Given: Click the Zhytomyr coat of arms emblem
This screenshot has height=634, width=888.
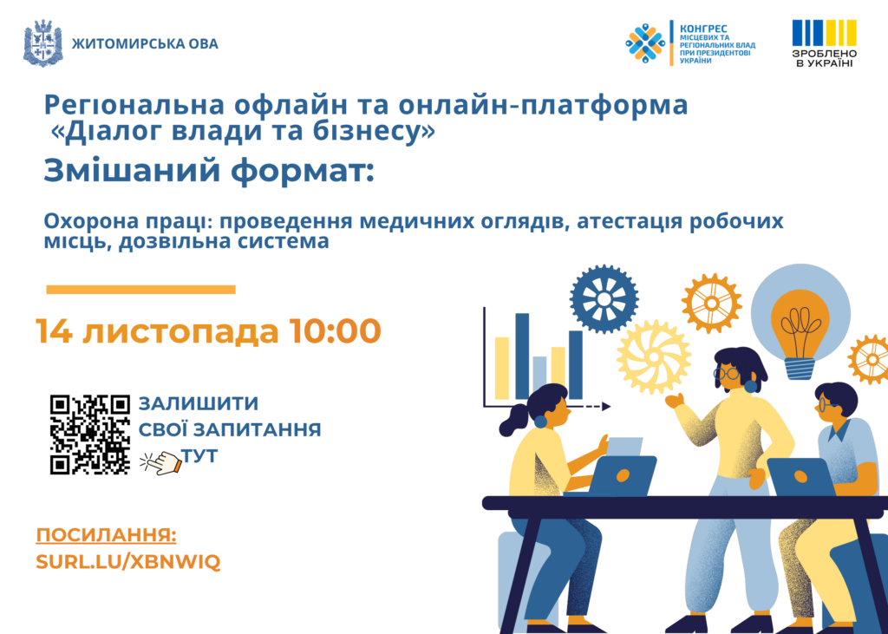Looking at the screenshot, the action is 43,43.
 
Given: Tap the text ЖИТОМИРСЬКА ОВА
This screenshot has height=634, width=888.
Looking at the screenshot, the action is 145,44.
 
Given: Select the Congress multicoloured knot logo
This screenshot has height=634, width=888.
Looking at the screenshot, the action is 645,43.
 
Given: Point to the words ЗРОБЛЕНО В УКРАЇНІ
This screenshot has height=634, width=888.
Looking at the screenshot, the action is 824,58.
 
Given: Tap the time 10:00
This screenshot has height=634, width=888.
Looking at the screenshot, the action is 335,331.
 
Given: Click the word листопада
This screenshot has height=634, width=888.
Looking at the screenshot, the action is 180,332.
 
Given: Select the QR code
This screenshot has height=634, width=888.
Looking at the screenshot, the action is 90,435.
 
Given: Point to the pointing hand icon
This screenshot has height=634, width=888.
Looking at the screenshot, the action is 160,461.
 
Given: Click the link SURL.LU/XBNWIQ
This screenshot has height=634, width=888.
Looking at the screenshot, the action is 128,562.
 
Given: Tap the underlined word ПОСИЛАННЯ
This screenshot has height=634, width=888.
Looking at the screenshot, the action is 106,535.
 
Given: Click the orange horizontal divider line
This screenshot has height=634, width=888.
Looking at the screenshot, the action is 140,290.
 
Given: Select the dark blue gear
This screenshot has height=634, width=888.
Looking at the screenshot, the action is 604,298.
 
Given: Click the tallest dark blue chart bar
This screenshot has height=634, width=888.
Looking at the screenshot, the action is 522,356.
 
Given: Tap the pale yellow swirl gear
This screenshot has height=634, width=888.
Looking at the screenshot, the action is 654,357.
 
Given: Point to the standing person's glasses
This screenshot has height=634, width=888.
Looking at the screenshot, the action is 726,373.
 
